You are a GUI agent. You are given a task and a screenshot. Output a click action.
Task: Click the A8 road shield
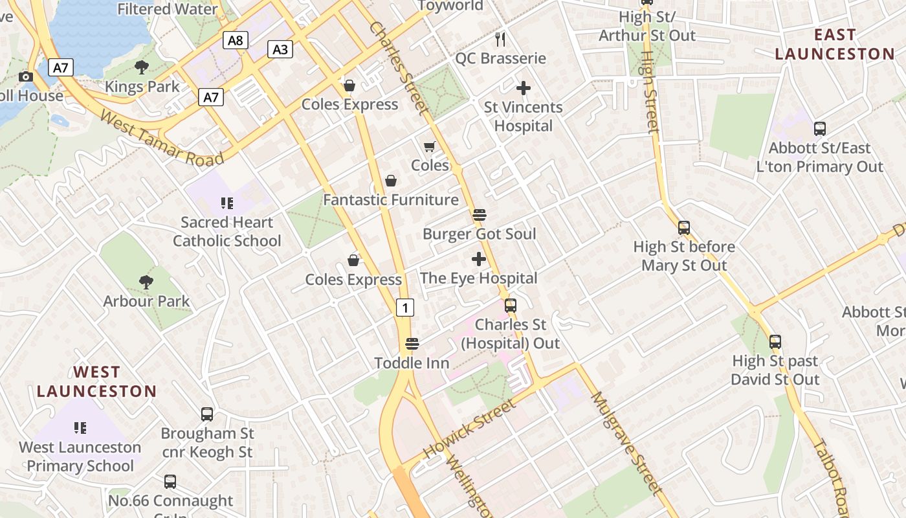tap(236, 41)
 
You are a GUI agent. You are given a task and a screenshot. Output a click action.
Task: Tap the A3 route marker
tap(280, 49)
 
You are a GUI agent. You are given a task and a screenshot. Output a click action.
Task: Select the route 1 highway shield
tap(405, 308)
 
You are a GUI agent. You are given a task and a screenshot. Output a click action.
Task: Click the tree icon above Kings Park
tap(142, 67)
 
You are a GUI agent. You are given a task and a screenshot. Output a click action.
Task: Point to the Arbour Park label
tap(146, 301)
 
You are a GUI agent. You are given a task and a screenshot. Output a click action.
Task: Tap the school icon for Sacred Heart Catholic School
tap(226, 204)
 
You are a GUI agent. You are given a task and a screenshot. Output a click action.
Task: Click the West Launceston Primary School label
tap(80, 456)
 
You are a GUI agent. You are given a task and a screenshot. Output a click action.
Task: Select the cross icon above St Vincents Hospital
tap(524, 87)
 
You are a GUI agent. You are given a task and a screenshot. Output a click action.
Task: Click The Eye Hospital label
tap(478, 278)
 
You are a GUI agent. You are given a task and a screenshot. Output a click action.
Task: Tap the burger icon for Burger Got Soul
tap(480, 214)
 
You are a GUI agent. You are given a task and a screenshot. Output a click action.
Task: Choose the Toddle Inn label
tap(412, 363)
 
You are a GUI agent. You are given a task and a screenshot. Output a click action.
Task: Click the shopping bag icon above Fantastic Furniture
tap(391, 181)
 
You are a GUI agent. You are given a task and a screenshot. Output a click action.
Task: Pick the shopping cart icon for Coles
tap(430, 147)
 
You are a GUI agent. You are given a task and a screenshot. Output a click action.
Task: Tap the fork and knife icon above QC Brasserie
tap(500, 39)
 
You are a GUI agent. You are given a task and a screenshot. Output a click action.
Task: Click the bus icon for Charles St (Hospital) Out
tap(511, 305)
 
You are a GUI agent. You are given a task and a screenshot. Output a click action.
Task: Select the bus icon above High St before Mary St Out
tap(684, 228)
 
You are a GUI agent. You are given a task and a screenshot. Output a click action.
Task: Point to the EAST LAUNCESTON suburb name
tap(834, 44)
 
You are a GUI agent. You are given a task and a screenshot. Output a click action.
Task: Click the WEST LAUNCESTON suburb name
tap(96, 381)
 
